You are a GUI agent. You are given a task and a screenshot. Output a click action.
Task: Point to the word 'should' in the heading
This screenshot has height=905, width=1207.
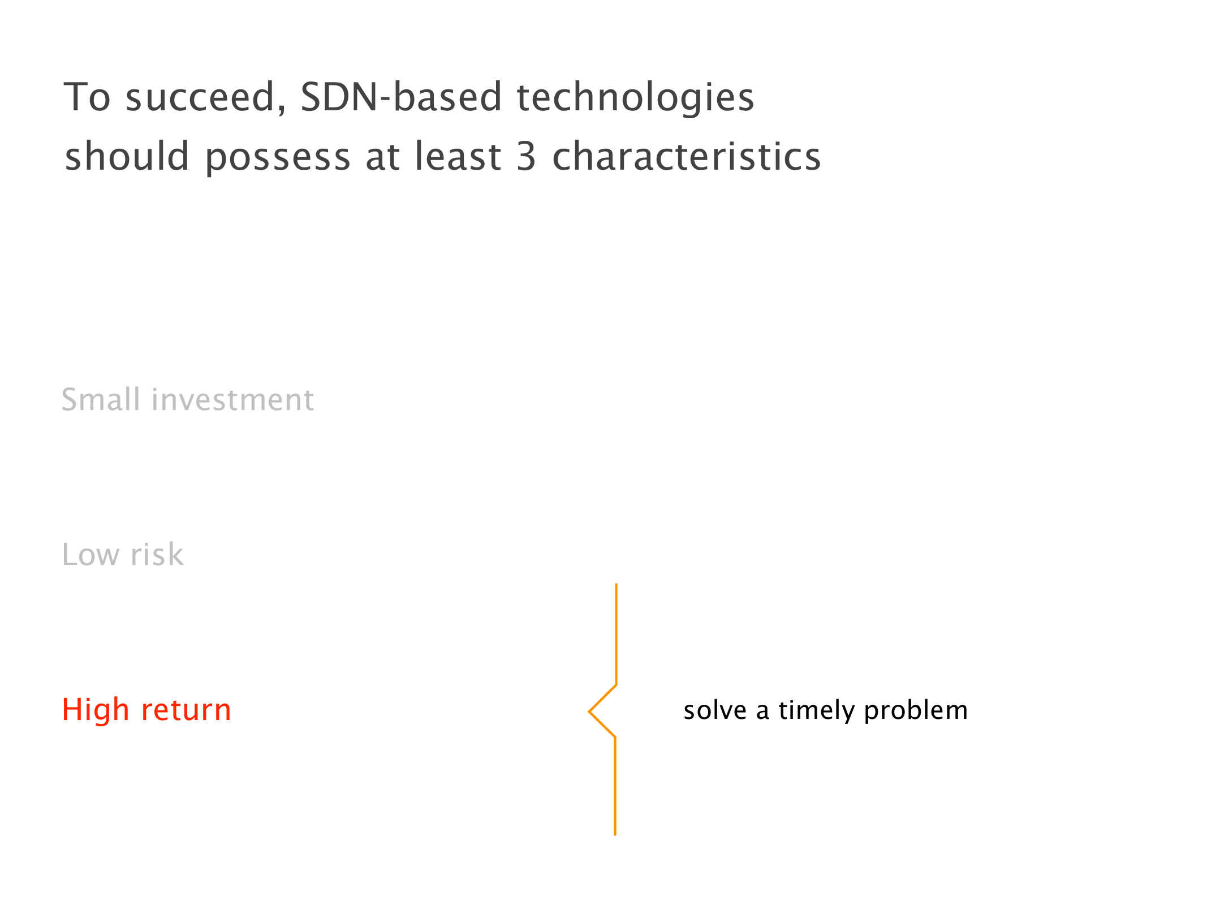127,156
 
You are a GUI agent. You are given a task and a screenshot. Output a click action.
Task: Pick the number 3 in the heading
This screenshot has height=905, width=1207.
526,156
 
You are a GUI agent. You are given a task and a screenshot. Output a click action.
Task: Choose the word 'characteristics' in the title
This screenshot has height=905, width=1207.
686,156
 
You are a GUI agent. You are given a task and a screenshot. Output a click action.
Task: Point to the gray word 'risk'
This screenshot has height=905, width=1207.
157,554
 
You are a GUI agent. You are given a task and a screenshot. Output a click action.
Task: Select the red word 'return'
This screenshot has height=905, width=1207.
186,710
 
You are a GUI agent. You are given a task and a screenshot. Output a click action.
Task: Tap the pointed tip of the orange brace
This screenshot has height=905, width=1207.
589,712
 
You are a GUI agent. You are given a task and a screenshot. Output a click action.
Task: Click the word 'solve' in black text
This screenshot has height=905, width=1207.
715,710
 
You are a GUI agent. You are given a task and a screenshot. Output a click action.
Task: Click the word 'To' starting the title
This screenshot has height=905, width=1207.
87,97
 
